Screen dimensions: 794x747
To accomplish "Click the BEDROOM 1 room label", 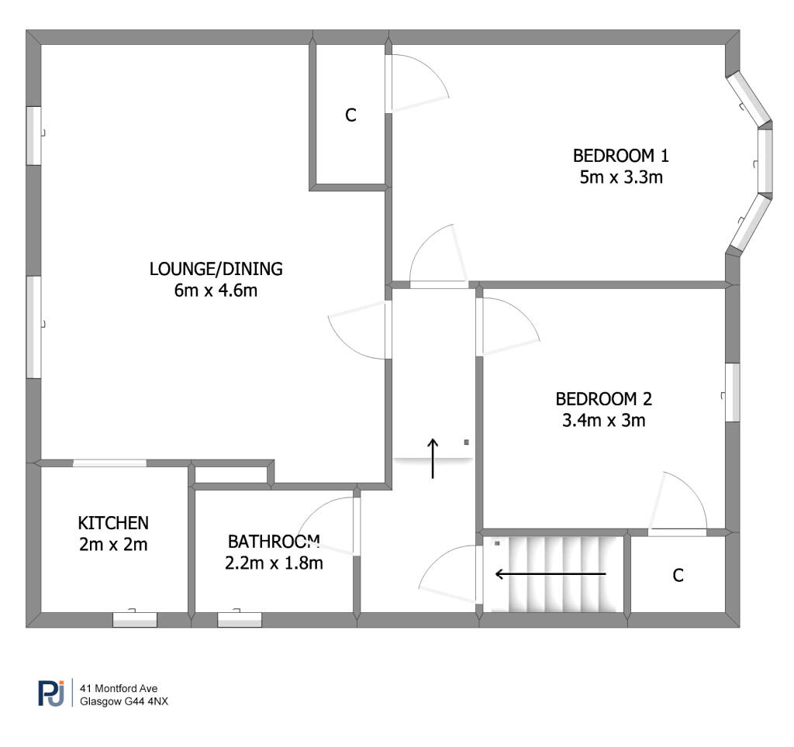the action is (x=621, y=156).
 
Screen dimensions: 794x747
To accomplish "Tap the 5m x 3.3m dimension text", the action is (x=621, y=177).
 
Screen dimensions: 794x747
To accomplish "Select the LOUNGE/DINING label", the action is (x=216, y=269).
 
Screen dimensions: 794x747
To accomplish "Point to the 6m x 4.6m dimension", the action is (x=216, y=291).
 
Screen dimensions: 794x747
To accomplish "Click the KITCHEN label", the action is (x=113, y=523).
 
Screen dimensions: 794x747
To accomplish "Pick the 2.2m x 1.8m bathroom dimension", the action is (x=274, y=563).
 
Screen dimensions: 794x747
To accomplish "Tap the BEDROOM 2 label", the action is (x=603, y=399).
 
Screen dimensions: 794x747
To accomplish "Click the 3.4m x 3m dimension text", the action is (x=603, y=420).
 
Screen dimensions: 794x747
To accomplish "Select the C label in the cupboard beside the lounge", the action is (x=350, y=115).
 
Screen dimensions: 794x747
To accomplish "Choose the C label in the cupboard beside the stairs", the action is (x=678, y=576).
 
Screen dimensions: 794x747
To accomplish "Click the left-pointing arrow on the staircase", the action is (x=551, y=574).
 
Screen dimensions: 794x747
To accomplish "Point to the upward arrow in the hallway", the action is (x=433, y=458).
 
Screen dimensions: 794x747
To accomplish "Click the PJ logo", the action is (x=51, y=694).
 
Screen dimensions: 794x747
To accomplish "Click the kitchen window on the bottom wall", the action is (x=135, y=619).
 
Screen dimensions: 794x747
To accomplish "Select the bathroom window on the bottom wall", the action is (x=240, y=619).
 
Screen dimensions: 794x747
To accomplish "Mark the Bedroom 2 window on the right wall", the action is (x=732, y=392).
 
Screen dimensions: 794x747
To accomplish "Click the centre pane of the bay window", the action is (x=765, y=161).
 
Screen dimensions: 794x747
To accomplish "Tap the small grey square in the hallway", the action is (x=466, y=442).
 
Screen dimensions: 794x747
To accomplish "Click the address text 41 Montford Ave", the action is (x=119, y=688).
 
